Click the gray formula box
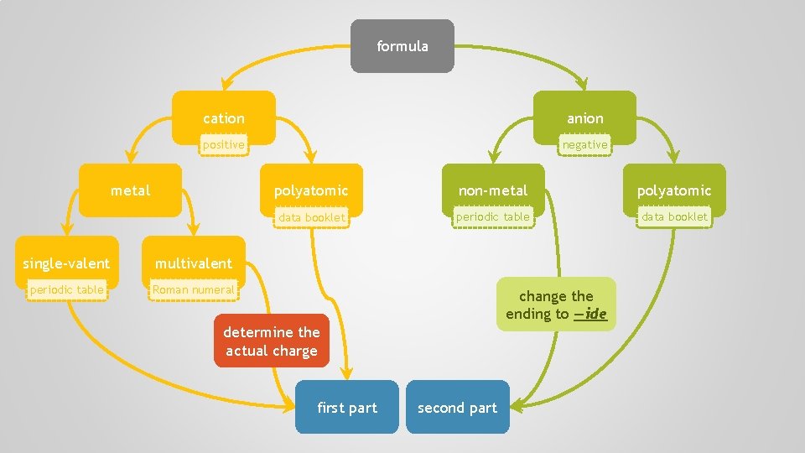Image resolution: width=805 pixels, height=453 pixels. pyautogui.click(x=402, y=46)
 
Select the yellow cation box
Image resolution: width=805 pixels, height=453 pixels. pyautogui.click(x=224, y=118)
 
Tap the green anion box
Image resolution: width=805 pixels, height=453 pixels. pyautogui.click(x=584, y=118)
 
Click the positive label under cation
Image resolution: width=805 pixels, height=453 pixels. pyautogui.click(x=223, y=145)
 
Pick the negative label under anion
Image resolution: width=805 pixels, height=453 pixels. pyautogui.click(x=584, y=145)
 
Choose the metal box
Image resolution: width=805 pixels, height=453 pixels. pyautogui.click(x=131, y=190)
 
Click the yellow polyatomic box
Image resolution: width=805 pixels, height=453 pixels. pyautogui.click(x=310, y=190)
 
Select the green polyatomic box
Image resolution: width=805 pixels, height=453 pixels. pyautogui.click(x=673, y=190)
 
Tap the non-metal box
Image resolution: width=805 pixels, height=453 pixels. pyautogui.click(x=493, y=190)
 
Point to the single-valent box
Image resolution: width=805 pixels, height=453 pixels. pyautogui.click(x=66, y=263)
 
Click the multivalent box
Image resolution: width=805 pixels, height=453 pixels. pyautogui.click(x=193, y=263)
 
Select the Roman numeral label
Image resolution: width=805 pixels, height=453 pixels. pyautogui.click(x=193, y=290)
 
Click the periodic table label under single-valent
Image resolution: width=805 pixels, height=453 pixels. pyautogui.click(x=66, y=290)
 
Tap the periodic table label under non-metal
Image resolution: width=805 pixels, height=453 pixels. pyautogui.click(x=493, y=217)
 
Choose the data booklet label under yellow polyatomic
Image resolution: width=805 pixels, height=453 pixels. pyautogui.click(x=311, y=217)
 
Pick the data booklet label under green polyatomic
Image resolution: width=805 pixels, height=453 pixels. pyautogui.click(x=674, y=217)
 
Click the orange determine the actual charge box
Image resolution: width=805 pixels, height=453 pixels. pyautogui.click(x=272, y=341)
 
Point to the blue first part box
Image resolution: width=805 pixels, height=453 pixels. pyautogui.click(x=347, y=408)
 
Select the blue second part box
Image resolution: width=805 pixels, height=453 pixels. pyautogui.click(x=457, y=408)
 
